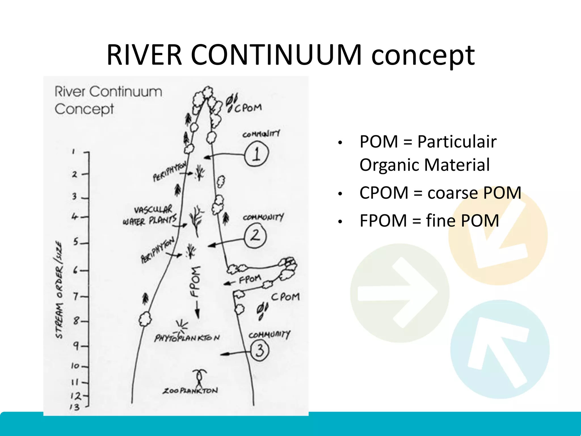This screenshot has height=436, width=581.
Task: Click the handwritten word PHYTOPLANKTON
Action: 187,338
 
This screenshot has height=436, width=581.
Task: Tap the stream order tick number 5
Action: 76,242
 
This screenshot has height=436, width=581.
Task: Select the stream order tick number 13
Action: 75,407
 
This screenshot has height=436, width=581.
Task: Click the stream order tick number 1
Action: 73,152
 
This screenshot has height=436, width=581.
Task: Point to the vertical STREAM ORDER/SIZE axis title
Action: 59,290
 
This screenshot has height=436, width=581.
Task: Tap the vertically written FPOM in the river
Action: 195,281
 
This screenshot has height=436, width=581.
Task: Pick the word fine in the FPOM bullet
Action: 440,221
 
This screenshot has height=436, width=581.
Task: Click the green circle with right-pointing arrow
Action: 399,293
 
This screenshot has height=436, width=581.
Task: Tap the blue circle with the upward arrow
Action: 500,349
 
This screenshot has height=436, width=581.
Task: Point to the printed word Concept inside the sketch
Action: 84,109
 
